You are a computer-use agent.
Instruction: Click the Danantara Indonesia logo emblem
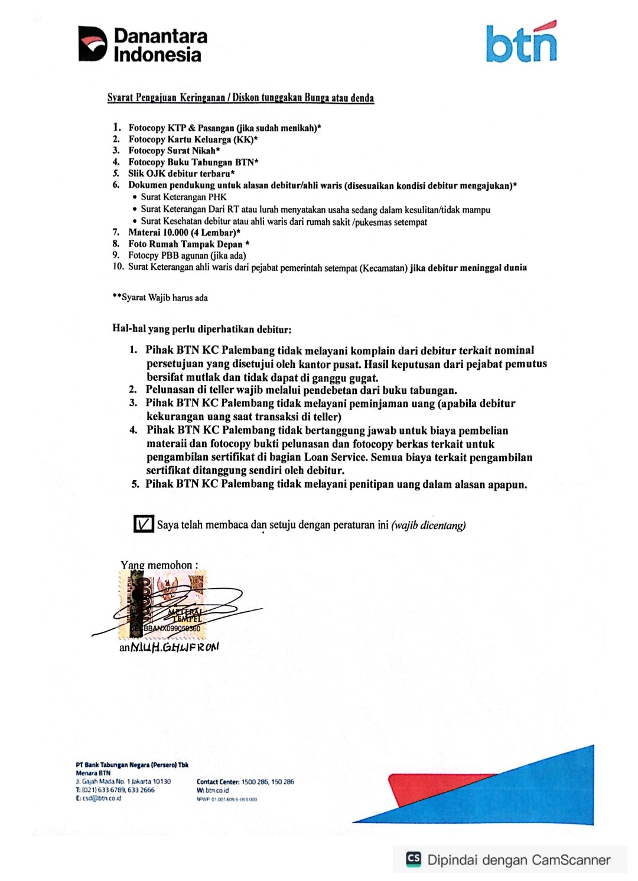pyautogui.click(x=93, y=44)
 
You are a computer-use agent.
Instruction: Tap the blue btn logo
pyautogui.click(x=521, y=43)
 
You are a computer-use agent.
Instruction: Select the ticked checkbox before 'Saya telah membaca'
pyautogui.click(x=144, y=524)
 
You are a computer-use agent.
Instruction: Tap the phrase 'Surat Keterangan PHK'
pyautogui.click(x=184, y=197)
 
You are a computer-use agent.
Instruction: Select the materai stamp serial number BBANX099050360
pyautogui.click(x=171, y=629)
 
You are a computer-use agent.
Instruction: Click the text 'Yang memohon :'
pyautogui.click(x=159, y=565)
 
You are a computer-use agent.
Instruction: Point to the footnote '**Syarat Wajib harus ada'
pyautogui.click(x=160, y=298)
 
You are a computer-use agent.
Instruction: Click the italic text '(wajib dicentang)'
pyautogui.click(x=428, y=525)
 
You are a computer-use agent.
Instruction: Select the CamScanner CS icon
pyautogui.click(x=414, y=860)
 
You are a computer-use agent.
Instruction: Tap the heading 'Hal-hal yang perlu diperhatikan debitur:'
pyautogui.click(x=201, y=329)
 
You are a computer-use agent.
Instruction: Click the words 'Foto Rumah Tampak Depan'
pyautogui.click(x=185, y=244)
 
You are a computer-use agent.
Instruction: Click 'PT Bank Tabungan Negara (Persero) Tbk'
pyautogui.click(x=132, y=765)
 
